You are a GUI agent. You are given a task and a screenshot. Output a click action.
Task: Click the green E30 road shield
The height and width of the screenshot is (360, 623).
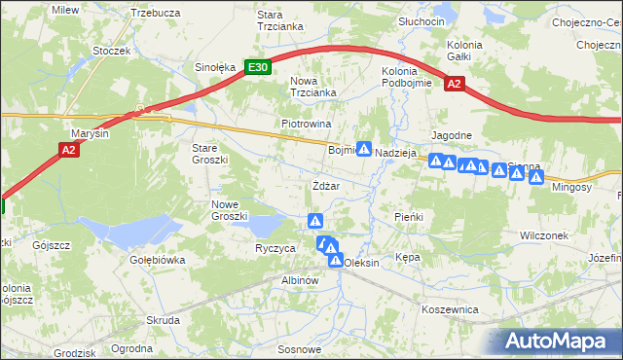257,67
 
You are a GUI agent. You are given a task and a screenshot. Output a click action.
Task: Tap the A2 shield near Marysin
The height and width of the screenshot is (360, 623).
67,149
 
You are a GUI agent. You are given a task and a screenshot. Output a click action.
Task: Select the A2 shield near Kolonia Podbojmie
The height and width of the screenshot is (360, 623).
454,85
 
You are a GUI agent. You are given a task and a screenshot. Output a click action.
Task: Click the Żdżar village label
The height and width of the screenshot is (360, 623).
325,186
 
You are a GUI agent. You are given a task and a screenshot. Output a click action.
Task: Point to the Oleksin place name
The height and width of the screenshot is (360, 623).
361,263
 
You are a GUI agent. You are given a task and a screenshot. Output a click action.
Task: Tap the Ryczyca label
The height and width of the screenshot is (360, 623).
275,248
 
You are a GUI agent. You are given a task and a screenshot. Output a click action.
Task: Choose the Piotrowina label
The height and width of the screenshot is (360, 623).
307,125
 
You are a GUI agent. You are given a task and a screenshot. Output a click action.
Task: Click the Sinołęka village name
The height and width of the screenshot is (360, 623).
215,67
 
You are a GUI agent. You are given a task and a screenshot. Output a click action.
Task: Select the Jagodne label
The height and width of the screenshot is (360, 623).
452,135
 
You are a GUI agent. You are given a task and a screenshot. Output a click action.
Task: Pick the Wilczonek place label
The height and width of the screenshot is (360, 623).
544,235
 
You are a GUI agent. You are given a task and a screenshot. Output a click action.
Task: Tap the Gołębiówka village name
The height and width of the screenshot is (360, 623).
157,260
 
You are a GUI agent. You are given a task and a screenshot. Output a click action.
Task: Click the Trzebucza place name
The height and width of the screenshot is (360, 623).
156,13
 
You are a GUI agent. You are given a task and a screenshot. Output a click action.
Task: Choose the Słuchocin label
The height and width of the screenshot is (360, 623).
421,21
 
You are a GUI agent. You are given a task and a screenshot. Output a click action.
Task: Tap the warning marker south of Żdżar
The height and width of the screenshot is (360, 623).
314,220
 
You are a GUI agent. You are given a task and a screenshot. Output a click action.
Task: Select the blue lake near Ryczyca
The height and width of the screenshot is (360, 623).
263,227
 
